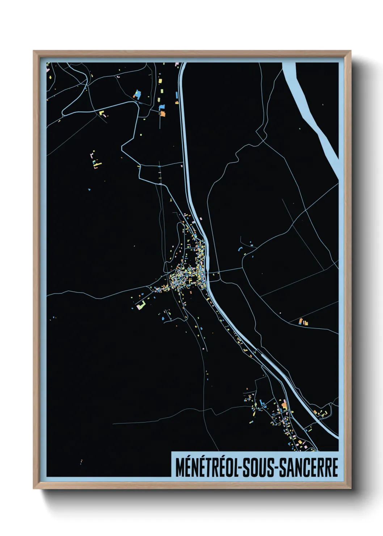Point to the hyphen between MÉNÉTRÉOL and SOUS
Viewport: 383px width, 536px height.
[240, 468]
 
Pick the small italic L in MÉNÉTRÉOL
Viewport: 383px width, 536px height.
[235, 467]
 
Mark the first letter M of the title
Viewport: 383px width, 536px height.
[180, 467]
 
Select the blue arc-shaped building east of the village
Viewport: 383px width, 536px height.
[239, 249]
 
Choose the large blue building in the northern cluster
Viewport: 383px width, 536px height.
[137, 95]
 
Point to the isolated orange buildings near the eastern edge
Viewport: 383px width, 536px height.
[303, 321]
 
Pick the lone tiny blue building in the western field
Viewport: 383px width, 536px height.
[89, 189]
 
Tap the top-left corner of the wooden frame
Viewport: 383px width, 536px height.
[34, 51]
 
